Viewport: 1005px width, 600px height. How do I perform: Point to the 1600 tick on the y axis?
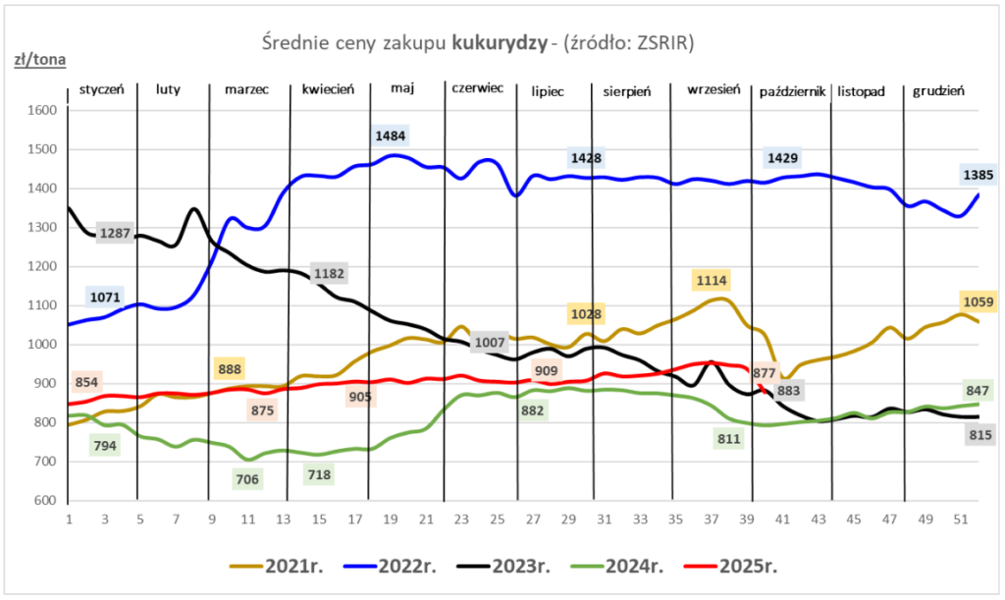click(43, 110)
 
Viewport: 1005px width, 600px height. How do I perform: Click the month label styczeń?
click(101, 89)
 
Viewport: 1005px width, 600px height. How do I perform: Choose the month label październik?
click(791, 91)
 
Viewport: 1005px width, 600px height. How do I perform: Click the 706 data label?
click(246, 479)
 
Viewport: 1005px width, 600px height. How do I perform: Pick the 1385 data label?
click(979, 176)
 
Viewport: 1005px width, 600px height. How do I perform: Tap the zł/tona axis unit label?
click(39, 60)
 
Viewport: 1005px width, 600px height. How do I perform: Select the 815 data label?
click(979, 434)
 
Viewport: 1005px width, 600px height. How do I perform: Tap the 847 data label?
click(979, 391)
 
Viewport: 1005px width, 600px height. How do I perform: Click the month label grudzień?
click(938, 90)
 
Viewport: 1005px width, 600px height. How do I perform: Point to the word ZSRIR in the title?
click(670, 42)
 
